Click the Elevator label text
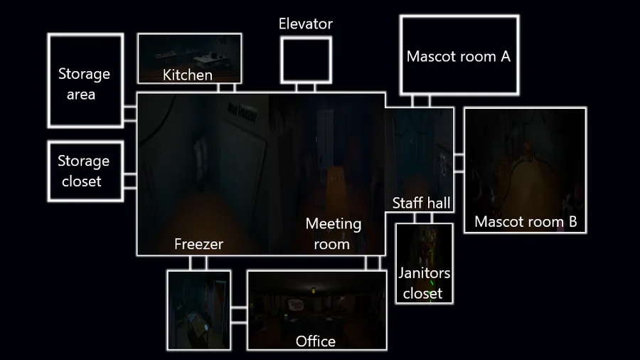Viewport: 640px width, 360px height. [306, 24]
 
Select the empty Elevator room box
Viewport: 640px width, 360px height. [306, 60]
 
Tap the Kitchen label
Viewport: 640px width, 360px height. [188, 75]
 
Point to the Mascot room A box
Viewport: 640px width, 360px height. [459, 55]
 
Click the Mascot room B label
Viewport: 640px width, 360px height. [526, 221]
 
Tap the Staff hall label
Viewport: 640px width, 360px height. [422, 203]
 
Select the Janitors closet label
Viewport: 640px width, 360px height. [424, 283]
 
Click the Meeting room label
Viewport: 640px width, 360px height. [334, 233]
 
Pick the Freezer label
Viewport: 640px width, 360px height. [198, 244]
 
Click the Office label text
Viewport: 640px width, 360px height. [316, 342]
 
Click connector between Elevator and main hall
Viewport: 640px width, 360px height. [306, 88]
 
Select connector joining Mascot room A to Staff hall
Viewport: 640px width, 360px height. [421, 100]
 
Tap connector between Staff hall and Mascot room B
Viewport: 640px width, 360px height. [459, 163]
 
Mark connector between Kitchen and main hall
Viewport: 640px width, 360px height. [226, 88]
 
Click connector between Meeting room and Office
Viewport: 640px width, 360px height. [372, 263]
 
